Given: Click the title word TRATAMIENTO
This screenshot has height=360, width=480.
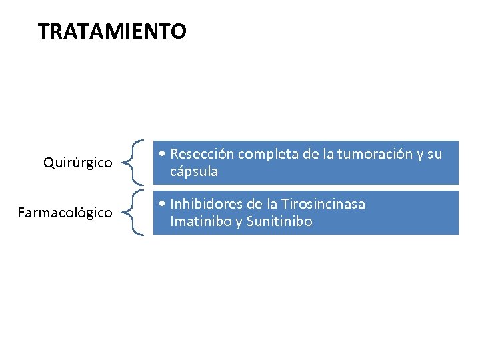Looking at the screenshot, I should point(112,31).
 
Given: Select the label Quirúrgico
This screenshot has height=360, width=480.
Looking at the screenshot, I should point(77,163).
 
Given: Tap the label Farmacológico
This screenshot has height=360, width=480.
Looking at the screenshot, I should point(65,213).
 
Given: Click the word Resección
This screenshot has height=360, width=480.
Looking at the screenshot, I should point(202,154).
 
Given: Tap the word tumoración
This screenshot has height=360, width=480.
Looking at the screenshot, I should point(375,154).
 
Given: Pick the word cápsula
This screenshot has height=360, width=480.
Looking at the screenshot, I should point(194,171).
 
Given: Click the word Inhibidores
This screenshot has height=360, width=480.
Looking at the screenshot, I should point(205,204).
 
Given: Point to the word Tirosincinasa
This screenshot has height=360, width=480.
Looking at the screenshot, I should point(323,204).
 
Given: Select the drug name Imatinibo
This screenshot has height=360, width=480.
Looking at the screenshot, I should point(200,221).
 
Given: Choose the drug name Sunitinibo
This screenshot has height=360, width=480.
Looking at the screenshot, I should point(279,221).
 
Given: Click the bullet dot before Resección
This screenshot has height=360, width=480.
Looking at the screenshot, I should point(163,154).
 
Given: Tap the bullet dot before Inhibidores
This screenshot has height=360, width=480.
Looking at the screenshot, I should point(163,204).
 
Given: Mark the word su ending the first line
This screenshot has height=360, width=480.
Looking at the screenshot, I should point(435,154).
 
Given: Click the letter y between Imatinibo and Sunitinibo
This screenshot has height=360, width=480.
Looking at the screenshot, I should point(238,222).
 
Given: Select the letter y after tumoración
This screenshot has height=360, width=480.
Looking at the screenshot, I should point(419,155).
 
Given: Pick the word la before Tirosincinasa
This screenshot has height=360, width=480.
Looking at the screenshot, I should point(272,204).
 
